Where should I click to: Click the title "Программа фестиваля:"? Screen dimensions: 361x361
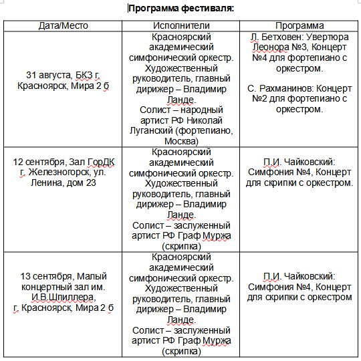[180, 9]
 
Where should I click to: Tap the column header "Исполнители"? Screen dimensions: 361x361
[183, 25]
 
